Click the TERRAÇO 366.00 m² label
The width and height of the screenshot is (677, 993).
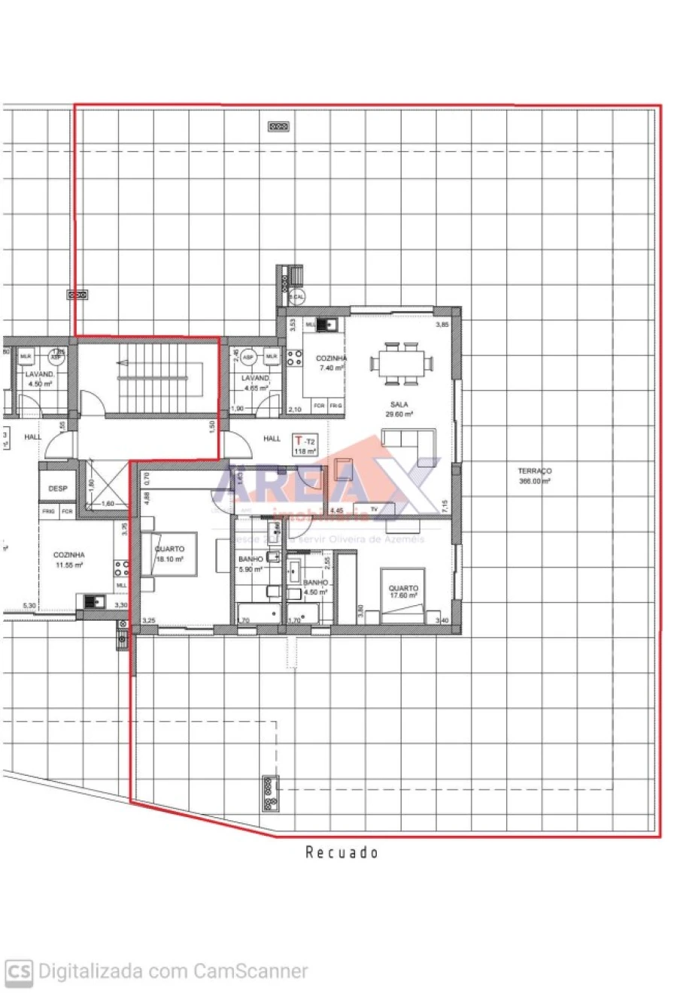[534, 476]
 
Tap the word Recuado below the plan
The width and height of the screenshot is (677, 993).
[342, 852]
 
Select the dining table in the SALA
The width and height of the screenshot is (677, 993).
[401, 362]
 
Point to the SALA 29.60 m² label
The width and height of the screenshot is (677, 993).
[399, 409]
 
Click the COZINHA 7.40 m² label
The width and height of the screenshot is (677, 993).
[331, 363]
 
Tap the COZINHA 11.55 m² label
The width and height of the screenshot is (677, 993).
[68, 559]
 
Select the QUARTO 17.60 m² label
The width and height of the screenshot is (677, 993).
[403, 592]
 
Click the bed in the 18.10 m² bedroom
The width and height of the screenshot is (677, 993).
[169, 555]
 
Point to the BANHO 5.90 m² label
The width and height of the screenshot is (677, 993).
[250, 564]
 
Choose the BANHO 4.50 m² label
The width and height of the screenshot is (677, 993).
[315, 587]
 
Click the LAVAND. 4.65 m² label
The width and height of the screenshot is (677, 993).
[256, 383]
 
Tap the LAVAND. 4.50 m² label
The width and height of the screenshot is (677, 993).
[38, 378]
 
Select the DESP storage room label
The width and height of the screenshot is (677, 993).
[58, 489]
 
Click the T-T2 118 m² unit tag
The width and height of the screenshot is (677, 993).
[305, 445]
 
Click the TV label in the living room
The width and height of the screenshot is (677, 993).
[373, 510]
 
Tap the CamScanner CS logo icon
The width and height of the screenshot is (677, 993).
[19, 971]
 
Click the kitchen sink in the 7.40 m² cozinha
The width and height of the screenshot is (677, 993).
[326, 325]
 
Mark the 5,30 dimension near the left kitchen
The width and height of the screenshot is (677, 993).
[29, 606]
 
